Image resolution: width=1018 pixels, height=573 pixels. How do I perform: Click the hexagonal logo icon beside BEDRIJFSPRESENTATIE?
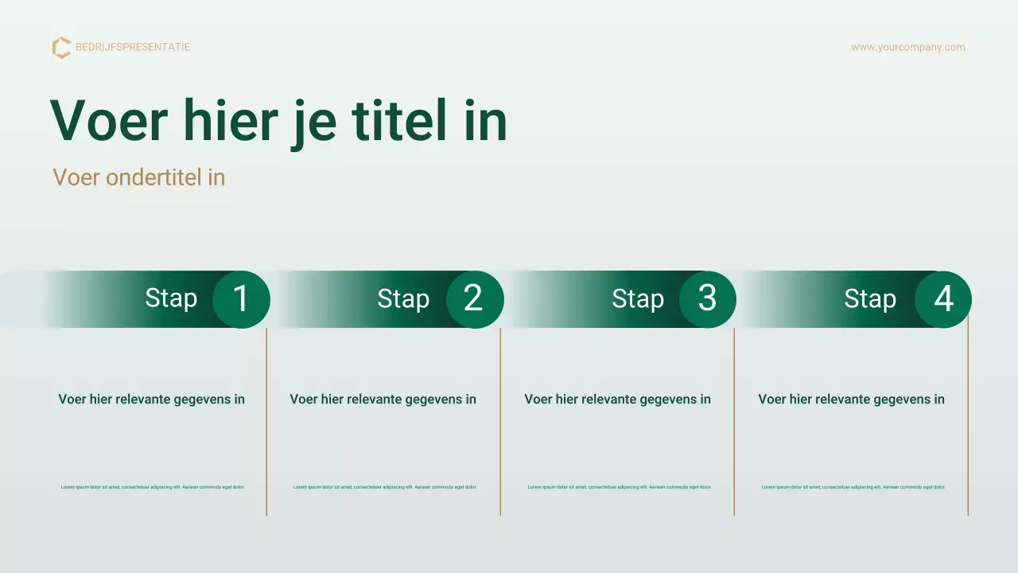click(61, 48)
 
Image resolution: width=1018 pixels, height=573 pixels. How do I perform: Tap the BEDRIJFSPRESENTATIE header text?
click(133, 47)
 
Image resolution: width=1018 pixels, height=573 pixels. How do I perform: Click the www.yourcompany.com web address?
click(907, 47)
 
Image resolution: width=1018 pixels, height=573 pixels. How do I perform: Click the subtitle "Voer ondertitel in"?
click(139, 177)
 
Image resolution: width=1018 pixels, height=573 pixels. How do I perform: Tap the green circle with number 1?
click(241, 299)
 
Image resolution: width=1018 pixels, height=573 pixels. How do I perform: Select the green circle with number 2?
click(474, 299)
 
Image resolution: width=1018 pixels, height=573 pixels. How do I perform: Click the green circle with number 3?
click(707, 299)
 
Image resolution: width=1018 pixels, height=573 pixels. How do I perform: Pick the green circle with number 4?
click(942, 299)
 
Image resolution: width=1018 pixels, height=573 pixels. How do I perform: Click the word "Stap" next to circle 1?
click(171, 298)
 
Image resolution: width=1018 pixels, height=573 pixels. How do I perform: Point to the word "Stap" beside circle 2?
click(403, 299)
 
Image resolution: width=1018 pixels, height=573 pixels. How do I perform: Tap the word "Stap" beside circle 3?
click(638, 299)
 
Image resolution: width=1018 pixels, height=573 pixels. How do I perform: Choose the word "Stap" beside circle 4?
click(870, 299)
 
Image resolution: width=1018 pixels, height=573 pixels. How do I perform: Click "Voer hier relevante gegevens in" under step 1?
click(151, 400)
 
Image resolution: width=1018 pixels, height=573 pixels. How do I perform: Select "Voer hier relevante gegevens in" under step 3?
click(617, 400)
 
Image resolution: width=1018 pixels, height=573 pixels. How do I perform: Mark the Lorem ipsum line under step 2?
click(385, 487)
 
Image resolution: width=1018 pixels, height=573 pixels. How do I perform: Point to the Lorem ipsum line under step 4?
click(853, 487)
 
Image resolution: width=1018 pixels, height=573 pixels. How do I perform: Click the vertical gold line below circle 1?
click(266, 422)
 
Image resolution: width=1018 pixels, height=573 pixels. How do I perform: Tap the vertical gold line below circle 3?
click(734, 422)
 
